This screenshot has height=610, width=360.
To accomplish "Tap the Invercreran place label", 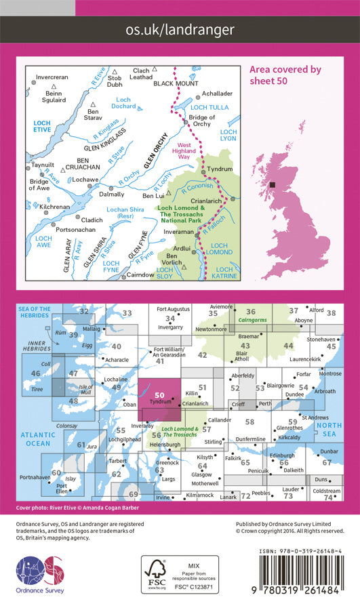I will pyautogui.click(x=52, y=77).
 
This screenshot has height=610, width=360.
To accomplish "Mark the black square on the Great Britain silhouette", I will pyautogui.click(x=272, y=184).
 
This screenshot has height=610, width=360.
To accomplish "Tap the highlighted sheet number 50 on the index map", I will pyautogui.click(x=159, y=396).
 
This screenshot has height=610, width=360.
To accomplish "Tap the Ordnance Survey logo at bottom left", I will pyautogui.click(x=39, y=576).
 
